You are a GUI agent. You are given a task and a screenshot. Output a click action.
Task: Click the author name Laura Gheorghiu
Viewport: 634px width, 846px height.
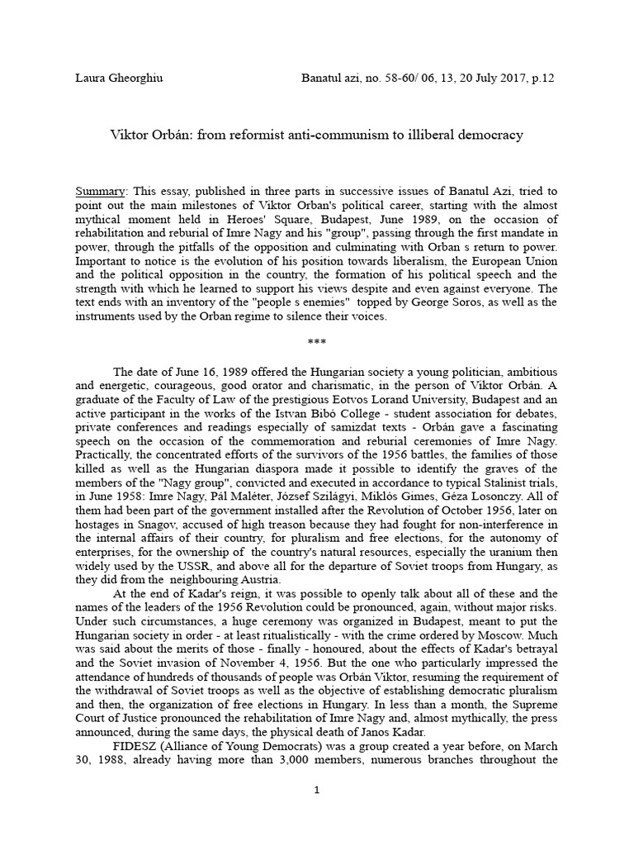120,78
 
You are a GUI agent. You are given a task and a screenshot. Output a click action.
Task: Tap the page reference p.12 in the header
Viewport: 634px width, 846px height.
542,78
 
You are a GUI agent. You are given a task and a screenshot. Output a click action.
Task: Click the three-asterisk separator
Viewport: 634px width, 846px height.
317,340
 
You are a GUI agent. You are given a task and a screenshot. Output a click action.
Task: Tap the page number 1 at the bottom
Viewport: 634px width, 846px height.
317,790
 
